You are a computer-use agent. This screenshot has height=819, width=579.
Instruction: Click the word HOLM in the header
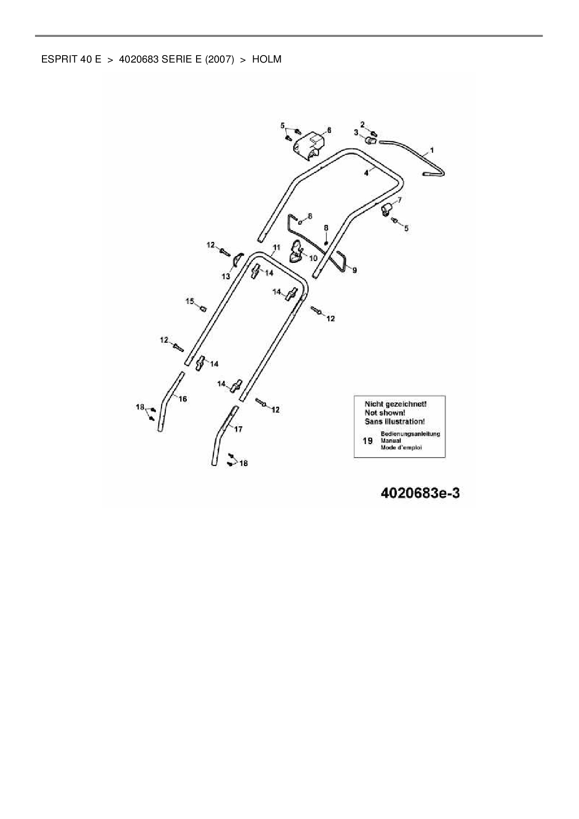[x=267, y=60]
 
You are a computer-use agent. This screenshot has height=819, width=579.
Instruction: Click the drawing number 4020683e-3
[x=420, y=493]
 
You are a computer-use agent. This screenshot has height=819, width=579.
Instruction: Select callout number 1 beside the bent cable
[x=432, y=150]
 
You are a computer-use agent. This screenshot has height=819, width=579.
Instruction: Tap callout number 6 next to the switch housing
[x=329, y=130]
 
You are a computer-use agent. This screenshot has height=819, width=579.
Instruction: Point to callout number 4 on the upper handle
[x=366, y=173]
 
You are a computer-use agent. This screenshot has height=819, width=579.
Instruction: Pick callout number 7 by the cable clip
[x=399, y=200]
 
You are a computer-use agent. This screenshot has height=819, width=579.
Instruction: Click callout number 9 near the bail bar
[x=354, y=270]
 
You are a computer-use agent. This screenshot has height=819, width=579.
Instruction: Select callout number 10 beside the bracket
[x=313, y=258]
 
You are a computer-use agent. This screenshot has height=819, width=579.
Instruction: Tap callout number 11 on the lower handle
[x=276, y=247]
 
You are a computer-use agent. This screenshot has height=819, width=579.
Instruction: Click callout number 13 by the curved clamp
[x=226, y=276]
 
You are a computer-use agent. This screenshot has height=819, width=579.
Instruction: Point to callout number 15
[x=190, y=301]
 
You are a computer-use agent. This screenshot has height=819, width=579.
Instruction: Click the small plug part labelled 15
[x=203, y=308]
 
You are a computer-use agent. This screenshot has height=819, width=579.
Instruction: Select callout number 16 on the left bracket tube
[x=183, y=399]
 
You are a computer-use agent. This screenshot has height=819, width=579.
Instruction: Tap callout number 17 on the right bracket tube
[x=238, y=429]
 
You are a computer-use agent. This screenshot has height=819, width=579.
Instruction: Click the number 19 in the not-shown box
[x=367, y=441]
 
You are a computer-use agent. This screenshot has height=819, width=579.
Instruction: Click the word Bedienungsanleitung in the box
[x=410, y=434]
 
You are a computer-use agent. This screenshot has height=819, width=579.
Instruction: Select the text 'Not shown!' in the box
[x=385, y=413]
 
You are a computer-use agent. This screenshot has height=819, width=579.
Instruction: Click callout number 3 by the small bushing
[x=356, y=133]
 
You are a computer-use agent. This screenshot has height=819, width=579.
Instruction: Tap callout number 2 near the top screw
[x=362, y=125]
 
